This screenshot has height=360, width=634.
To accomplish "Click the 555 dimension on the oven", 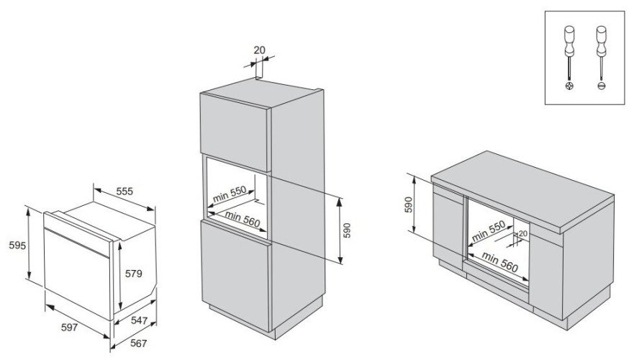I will click(124, 192).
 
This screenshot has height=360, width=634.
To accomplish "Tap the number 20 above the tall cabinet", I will click(259, 50).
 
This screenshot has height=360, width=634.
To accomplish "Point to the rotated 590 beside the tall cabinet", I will click(348, 230).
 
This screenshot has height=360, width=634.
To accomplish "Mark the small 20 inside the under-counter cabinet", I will click(523, 234).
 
